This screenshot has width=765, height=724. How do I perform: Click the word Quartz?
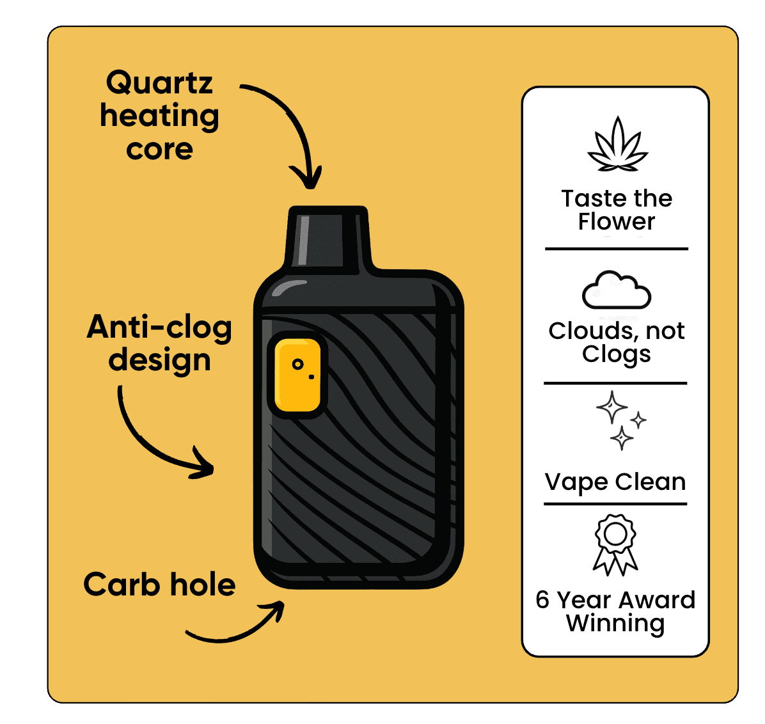coord(159,83)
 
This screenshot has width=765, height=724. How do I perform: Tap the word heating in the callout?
coord(159,116)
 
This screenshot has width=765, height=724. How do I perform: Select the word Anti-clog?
coord(159,327)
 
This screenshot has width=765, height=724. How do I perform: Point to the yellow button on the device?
coord(297,375)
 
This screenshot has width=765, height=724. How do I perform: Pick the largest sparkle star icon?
coord(611,407)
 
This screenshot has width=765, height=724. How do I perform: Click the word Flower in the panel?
coord(617,222)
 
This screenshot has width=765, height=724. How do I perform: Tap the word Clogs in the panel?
coord(616,354)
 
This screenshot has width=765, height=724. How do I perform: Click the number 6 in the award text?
coord(542,600)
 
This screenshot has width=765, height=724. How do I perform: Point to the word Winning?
coord(615,623)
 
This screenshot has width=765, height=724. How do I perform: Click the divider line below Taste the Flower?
coord(616,249)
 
